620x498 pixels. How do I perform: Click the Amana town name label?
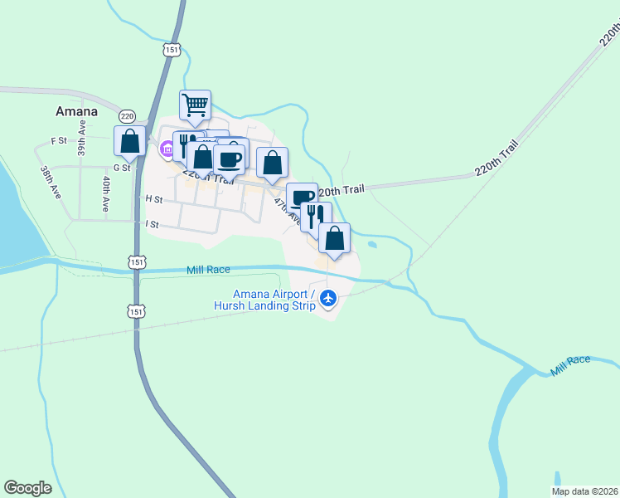tap(76, 111)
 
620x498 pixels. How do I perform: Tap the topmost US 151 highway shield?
tap(172, 50)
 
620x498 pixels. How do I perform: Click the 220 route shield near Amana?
tap(126, 116)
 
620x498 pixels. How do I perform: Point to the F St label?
tap(58, 141)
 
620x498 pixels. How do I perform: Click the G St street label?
tap(122, 168)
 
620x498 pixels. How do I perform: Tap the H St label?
tap(153, 199)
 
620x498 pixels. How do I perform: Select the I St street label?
tap(152, 224)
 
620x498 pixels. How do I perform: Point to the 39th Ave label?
tap(82, 139)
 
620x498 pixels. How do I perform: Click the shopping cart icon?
tap(195, 105)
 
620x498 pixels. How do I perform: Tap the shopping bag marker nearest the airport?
tap(334, 238)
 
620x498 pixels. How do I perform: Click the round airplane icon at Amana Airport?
tap(329, 297)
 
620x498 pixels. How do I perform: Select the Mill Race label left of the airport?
tap(208, 270)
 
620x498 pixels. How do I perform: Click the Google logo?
tap(27, 488)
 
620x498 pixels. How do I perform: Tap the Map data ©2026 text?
tap(584, 491)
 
